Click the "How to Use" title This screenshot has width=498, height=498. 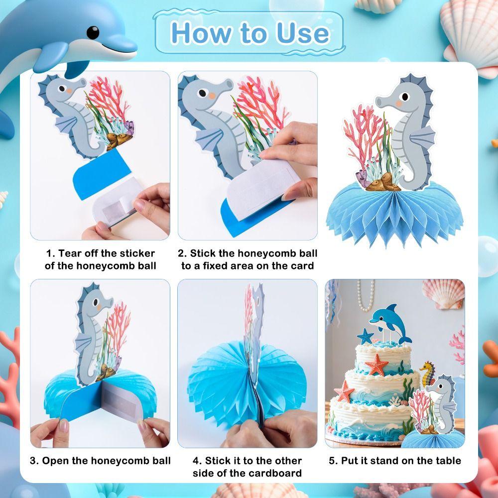tap(249, 33)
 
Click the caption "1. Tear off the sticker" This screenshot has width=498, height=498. tap(100, 253)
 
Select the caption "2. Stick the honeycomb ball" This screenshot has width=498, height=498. tap(248, 253)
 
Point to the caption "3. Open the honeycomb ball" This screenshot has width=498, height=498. tap(100, 460)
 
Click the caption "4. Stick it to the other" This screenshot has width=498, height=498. tap(248, 460)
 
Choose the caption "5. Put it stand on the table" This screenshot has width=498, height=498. tap(395, 460)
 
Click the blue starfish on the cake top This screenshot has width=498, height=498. tap(365, 336)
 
